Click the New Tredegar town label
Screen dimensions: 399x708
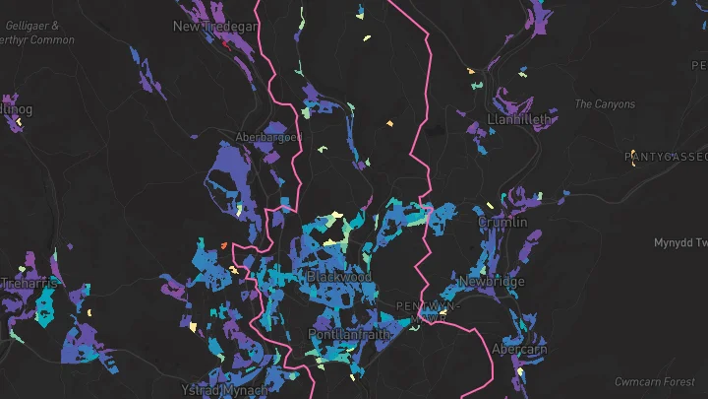[214, 27]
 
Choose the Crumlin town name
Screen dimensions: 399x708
[502, 223]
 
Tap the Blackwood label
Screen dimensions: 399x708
[339, 278]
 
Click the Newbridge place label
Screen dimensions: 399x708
[492, 282]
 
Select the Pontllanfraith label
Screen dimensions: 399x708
[349, 334]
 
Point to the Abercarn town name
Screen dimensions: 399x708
[519, 350]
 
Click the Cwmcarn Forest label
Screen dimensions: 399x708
[654, 381]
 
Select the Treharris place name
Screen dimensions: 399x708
[29, 283]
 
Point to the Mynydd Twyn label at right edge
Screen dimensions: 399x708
[680, 242]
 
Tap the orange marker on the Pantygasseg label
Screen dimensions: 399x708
[633, 165]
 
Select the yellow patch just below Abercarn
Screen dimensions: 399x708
[518, 371]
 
